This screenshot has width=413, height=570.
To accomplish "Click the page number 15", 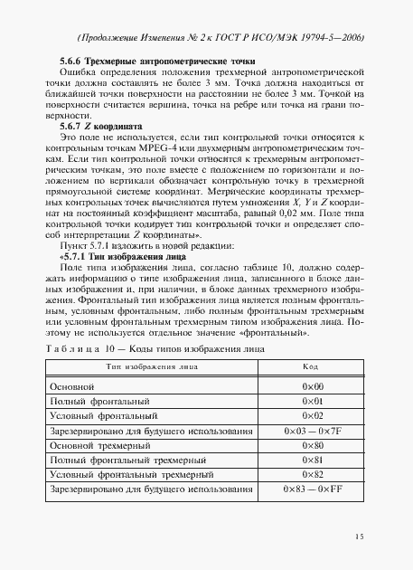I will (x=359, y=536).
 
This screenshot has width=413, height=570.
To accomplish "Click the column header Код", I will (x=309, y=367).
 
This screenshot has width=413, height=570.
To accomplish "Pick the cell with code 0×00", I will (x=309, y=386).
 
